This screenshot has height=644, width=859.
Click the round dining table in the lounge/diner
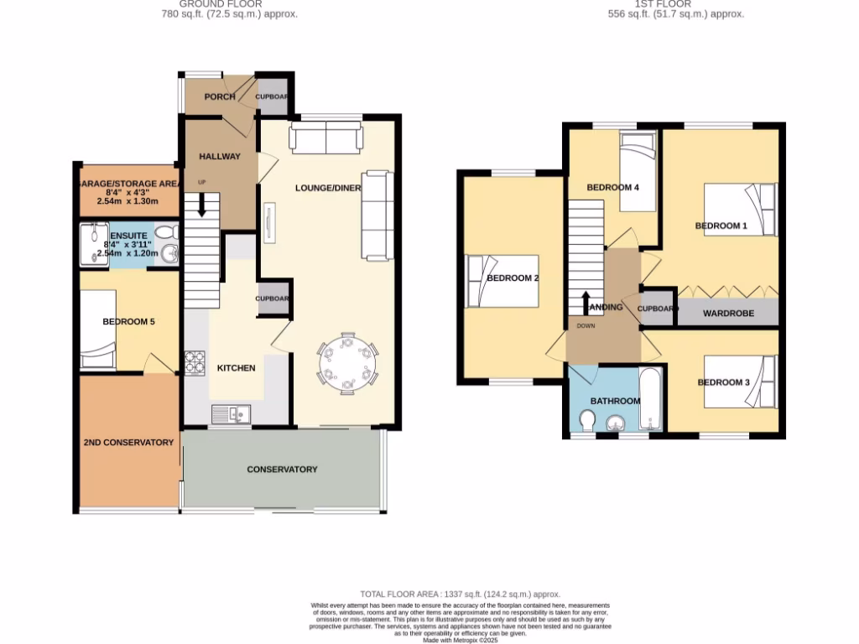point(346,363)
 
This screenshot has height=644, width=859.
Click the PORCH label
point(220,96)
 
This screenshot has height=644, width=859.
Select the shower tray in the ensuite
point(95,243)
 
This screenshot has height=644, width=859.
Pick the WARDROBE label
point(728,314)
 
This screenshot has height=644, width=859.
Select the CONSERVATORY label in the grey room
point(282,470)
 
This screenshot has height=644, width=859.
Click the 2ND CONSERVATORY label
point(128,443)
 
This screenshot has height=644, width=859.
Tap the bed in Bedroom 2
point(502,280)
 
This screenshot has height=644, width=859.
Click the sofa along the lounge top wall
point(325,138)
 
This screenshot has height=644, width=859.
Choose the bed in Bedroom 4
point(639,152)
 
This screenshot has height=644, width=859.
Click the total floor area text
point(460,594)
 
